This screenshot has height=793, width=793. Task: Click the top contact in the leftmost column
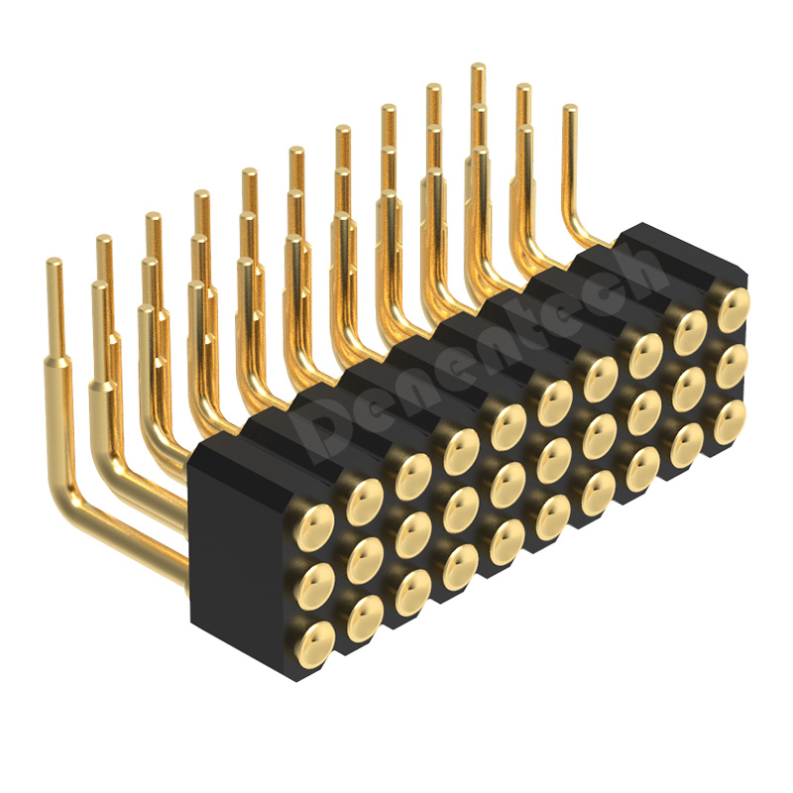pos(313,521)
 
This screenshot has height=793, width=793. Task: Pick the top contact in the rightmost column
pos(733,309)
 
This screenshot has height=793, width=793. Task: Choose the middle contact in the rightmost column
pos(732,366)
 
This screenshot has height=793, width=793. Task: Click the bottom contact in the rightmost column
pos(731,422)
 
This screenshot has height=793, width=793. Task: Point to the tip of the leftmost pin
pos(54,262)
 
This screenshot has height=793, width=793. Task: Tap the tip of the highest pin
pos(478,66)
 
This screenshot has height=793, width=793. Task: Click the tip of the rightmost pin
pos(570,108)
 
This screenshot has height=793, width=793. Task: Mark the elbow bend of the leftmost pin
pos(66,496)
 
